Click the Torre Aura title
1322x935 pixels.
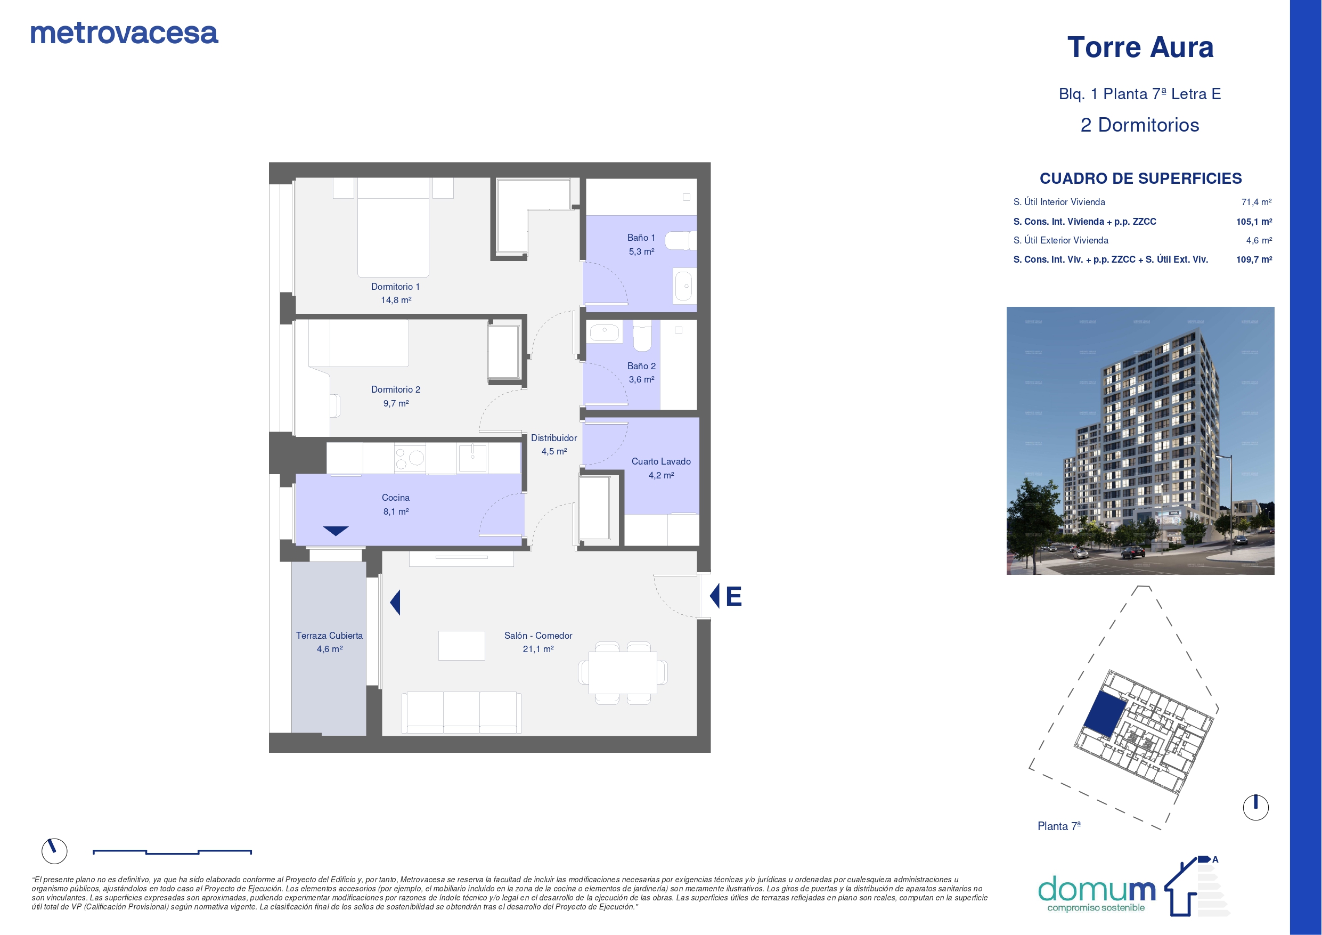(x=1140, y=47)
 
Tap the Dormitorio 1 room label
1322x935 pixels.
(x=396, y=286)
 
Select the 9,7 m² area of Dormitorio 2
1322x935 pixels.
(x=396, y=403)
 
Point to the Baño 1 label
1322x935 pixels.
(x=641, y=238)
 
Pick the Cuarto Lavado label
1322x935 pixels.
(x=661, y=461)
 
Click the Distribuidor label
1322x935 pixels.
(x=554, y=438)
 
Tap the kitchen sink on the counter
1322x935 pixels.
(x=472, y=458)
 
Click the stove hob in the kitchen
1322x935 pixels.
(x=410, y=458)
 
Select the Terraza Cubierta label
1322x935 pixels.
(x=329, y=636)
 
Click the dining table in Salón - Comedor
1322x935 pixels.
(x=623, y=672)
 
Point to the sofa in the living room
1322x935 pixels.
(x=462, y=712)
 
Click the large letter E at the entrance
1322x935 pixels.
(x=733, y=596)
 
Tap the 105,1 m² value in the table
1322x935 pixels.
(x=1254, y=221)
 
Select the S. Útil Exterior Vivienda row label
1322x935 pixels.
(x=1060, y=240)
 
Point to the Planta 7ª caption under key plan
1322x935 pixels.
(x=1059, y=826)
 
